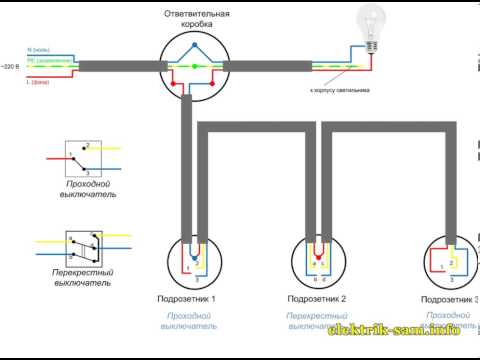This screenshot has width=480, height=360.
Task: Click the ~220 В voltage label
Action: point(11,65)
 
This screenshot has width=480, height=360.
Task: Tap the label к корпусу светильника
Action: point(341,90)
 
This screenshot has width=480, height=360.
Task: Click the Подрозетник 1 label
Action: point(187,299)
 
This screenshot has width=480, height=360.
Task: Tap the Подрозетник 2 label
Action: point(317,299)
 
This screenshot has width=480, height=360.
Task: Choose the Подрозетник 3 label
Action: point(449,299)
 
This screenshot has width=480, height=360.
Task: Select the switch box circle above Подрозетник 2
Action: point(320,262)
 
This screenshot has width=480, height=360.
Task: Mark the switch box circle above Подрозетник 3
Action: point(448,262)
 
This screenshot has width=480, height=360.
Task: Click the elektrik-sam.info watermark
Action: point(408,329)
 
